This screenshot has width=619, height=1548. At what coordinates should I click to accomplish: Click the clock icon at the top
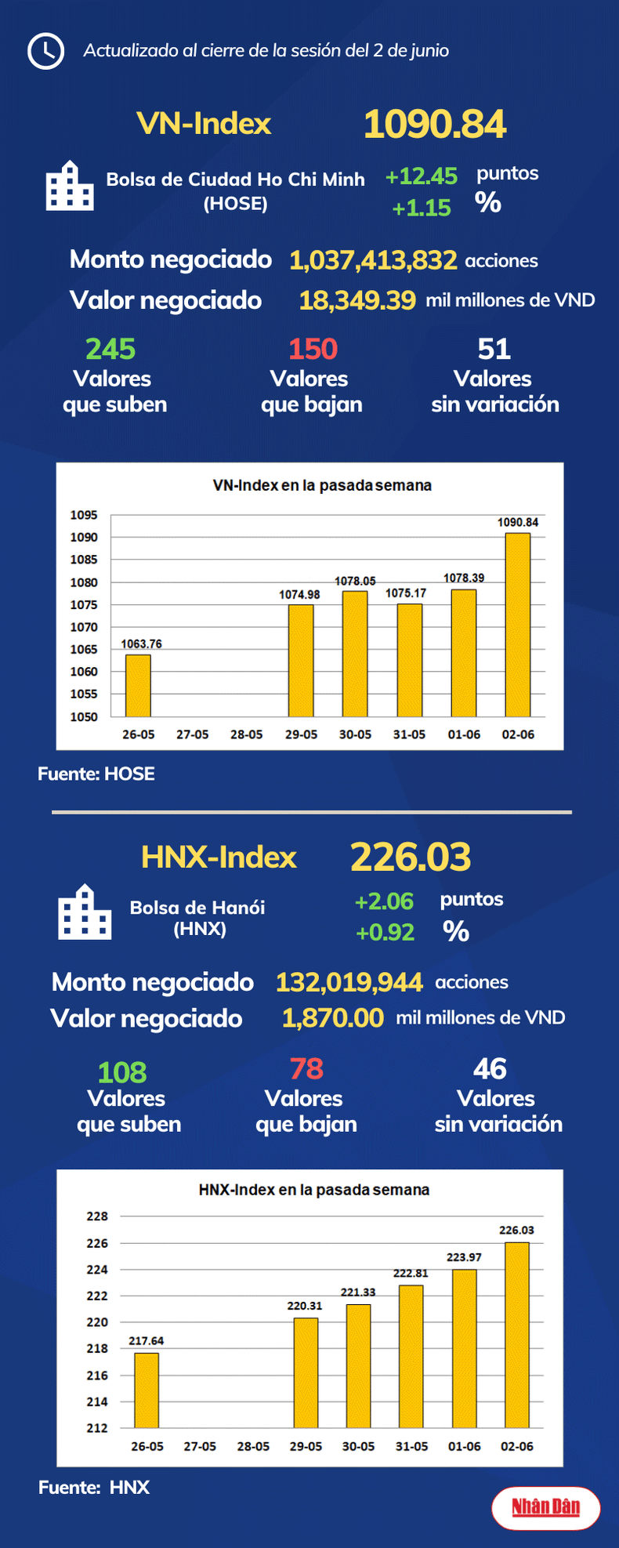45,52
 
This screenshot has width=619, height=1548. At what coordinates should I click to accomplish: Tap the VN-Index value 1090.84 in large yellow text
435,125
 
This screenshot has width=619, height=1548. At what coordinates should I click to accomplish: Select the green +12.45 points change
421,176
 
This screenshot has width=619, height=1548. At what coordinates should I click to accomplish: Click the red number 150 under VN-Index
313,349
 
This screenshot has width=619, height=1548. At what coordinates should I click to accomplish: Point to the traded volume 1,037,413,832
373,260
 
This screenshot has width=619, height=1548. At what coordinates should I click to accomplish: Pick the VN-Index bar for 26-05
138,685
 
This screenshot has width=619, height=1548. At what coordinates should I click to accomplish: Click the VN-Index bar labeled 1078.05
355,654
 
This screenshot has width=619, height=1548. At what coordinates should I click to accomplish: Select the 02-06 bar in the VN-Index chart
518,625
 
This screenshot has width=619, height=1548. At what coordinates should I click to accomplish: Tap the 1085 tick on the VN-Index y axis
84,560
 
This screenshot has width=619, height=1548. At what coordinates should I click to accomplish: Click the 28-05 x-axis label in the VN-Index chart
246,734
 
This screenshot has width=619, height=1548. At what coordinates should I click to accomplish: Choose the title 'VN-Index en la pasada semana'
322,485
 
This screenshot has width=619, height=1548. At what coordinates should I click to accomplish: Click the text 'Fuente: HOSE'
96,774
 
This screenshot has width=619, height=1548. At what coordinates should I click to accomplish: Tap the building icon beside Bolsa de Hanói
85,912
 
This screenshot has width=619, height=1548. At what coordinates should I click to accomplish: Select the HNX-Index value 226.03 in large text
411,857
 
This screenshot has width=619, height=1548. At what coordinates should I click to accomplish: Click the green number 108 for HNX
122,1072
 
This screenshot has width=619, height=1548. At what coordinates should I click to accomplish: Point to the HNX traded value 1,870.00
333,1018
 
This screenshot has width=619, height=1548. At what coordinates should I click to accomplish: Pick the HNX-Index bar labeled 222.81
411,1356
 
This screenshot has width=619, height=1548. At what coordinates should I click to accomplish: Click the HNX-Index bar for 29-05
306,1372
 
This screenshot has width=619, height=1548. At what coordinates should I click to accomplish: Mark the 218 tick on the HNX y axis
97,1348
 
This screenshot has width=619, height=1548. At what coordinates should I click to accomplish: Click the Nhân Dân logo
546,1506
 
